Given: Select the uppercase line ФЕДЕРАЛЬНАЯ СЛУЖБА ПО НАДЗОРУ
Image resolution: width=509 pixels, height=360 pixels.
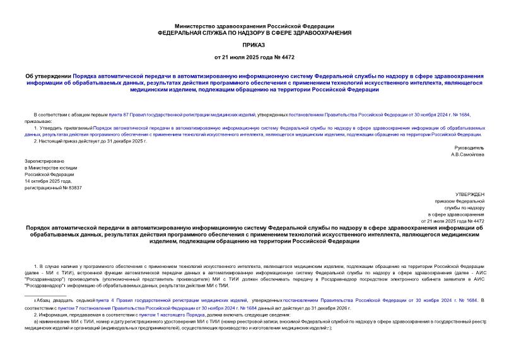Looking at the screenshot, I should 254,32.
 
